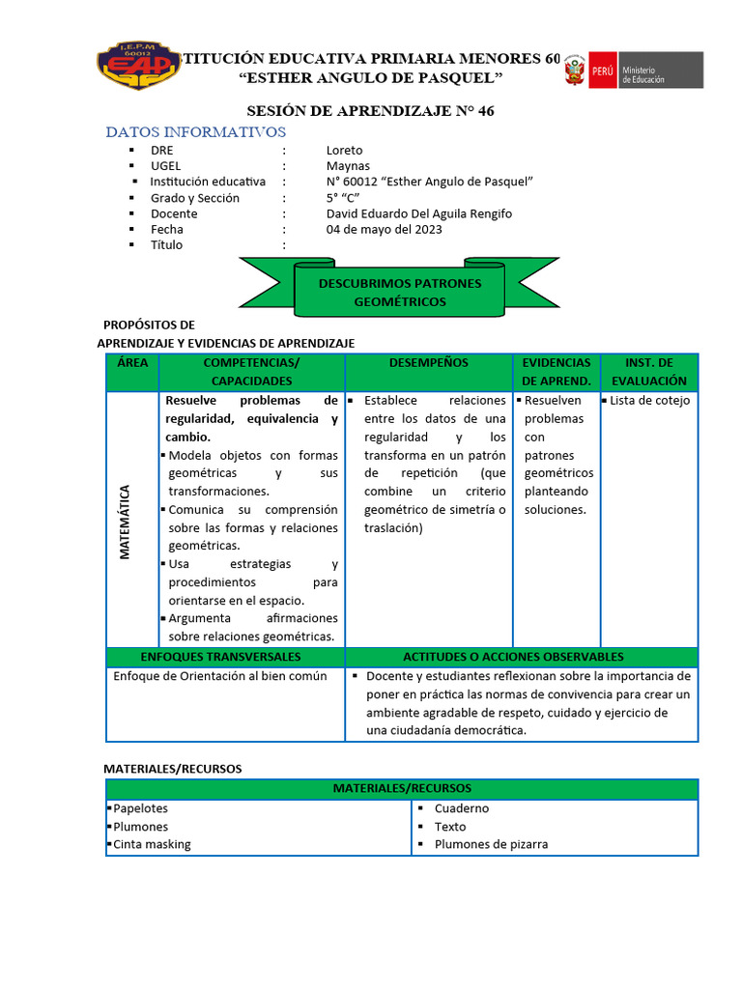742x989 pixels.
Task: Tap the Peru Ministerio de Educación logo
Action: (x=633, y=71)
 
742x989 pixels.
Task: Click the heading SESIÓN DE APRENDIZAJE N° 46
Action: (x=370, y=111)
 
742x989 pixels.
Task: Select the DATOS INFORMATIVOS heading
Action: (x=196, y=131)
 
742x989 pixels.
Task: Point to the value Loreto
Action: (x=345, y=151)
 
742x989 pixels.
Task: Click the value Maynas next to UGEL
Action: (x=348, y=166)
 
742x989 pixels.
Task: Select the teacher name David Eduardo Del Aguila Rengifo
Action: (x=418, y=213)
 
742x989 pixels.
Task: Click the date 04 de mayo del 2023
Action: (x=384, y=229)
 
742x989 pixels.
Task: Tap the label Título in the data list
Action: (x=166, y=245)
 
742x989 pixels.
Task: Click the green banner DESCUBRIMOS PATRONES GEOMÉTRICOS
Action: (x=399, y=292)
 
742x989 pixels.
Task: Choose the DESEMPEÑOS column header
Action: (x=428, y=363)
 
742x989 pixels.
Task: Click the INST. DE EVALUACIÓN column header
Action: (x=648, y=372)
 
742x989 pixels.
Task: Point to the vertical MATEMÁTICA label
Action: (x=125, y=522)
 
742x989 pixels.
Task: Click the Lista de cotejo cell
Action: (x=649, y=401)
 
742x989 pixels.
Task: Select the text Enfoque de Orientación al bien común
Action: (x=220, y=676)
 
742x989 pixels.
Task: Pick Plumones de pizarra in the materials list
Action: (x=490, y=844)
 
